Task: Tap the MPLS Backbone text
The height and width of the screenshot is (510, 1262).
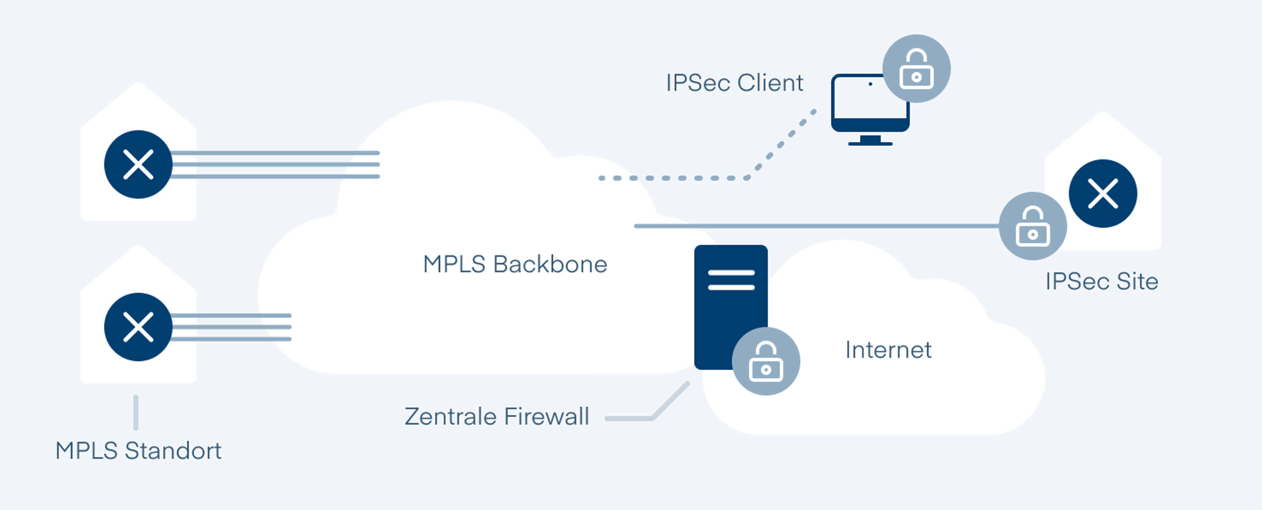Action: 515,264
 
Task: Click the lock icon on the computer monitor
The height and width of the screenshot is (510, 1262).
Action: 916,69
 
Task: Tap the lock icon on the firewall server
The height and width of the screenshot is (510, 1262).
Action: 766,361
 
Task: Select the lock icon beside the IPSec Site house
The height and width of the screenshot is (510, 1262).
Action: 1032,226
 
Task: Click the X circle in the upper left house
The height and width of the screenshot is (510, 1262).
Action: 138,164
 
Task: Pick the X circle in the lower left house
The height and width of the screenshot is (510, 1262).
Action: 138,327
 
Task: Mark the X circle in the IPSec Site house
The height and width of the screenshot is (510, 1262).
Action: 1103,194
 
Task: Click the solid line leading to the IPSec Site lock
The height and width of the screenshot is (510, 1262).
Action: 813,226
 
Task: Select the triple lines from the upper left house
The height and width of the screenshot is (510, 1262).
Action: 274,165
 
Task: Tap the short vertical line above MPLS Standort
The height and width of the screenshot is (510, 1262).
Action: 136,412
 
